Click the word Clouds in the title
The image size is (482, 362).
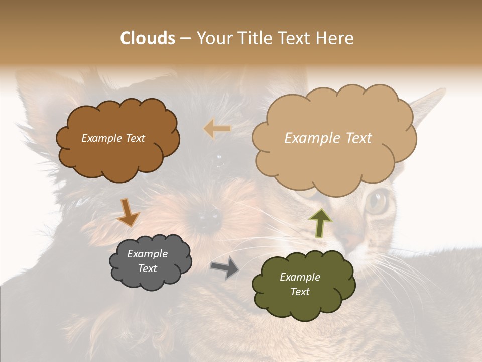tap(148, 38)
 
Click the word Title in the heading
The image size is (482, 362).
tap(253, 38)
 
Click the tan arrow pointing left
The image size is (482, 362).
tap(217, 129)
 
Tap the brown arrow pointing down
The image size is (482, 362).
tap(128, 213)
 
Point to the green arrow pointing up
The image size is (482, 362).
tap(320, 222)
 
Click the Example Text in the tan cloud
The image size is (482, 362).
tap(328, 138)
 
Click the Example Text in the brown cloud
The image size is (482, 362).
tap(113, 138)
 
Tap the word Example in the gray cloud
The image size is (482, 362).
tap(147, 254)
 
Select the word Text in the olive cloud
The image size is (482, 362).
tap(300, 292)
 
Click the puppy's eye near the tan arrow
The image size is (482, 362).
tap(219, 159)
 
